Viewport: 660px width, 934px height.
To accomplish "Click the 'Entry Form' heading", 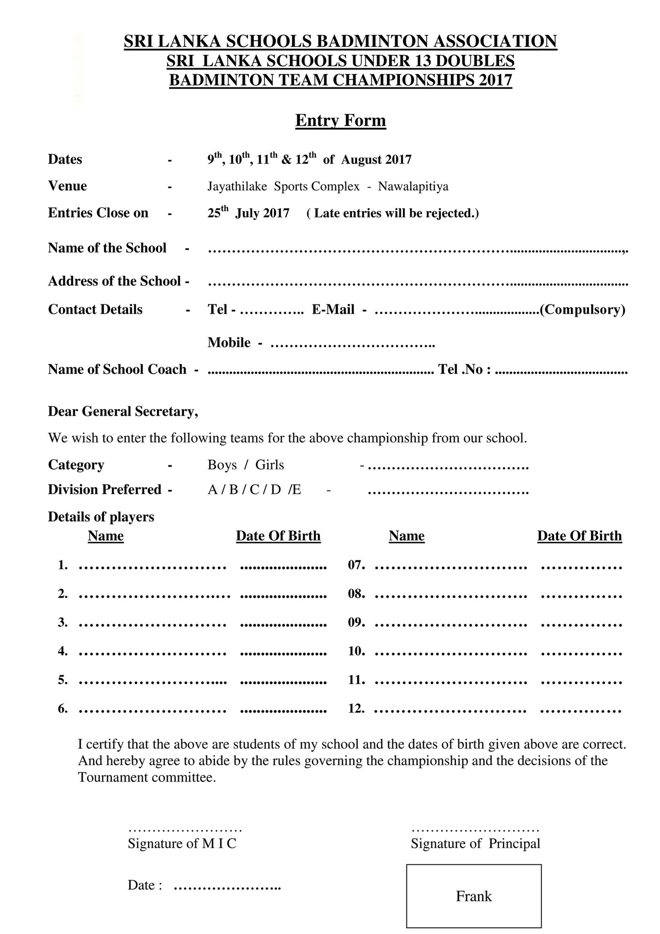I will point(340,121).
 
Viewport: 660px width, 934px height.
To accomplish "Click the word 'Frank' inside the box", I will point(474,896).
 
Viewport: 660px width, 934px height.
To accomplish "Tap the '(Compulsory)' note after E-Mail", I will point(582,310).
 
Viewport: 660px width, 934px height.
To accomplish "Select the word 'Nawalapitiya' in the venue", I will point(413,187).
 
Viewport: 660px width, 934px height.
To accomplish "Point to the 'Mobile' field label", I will point(229,343).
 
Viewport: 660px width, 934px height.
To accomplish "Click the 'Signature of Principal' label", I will point(475,844).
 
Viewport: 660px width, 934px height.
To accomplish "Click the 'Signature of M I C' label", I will point(182,844).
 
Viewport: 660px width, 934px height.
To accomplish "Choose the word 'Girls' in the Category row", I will point(269,465).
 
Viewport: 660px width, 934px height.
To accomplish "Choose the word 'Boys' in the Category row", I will point(222,465).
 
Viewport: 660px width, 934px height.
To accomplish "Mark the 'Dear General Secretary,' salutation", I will point(123,412).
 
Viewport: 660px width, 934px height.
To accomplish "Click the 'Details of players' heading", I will point(101,517).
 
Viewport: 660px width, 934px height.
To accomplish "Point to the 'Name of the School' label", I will point(107,248).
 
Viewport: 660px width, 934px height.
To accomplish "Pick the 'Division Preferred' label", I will point(105,490).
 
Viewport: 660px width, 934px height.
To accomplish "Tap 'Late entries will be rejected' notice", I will point(393,213).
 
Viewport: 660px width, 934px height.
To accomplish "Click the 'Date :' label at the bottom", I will point(145,885).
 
